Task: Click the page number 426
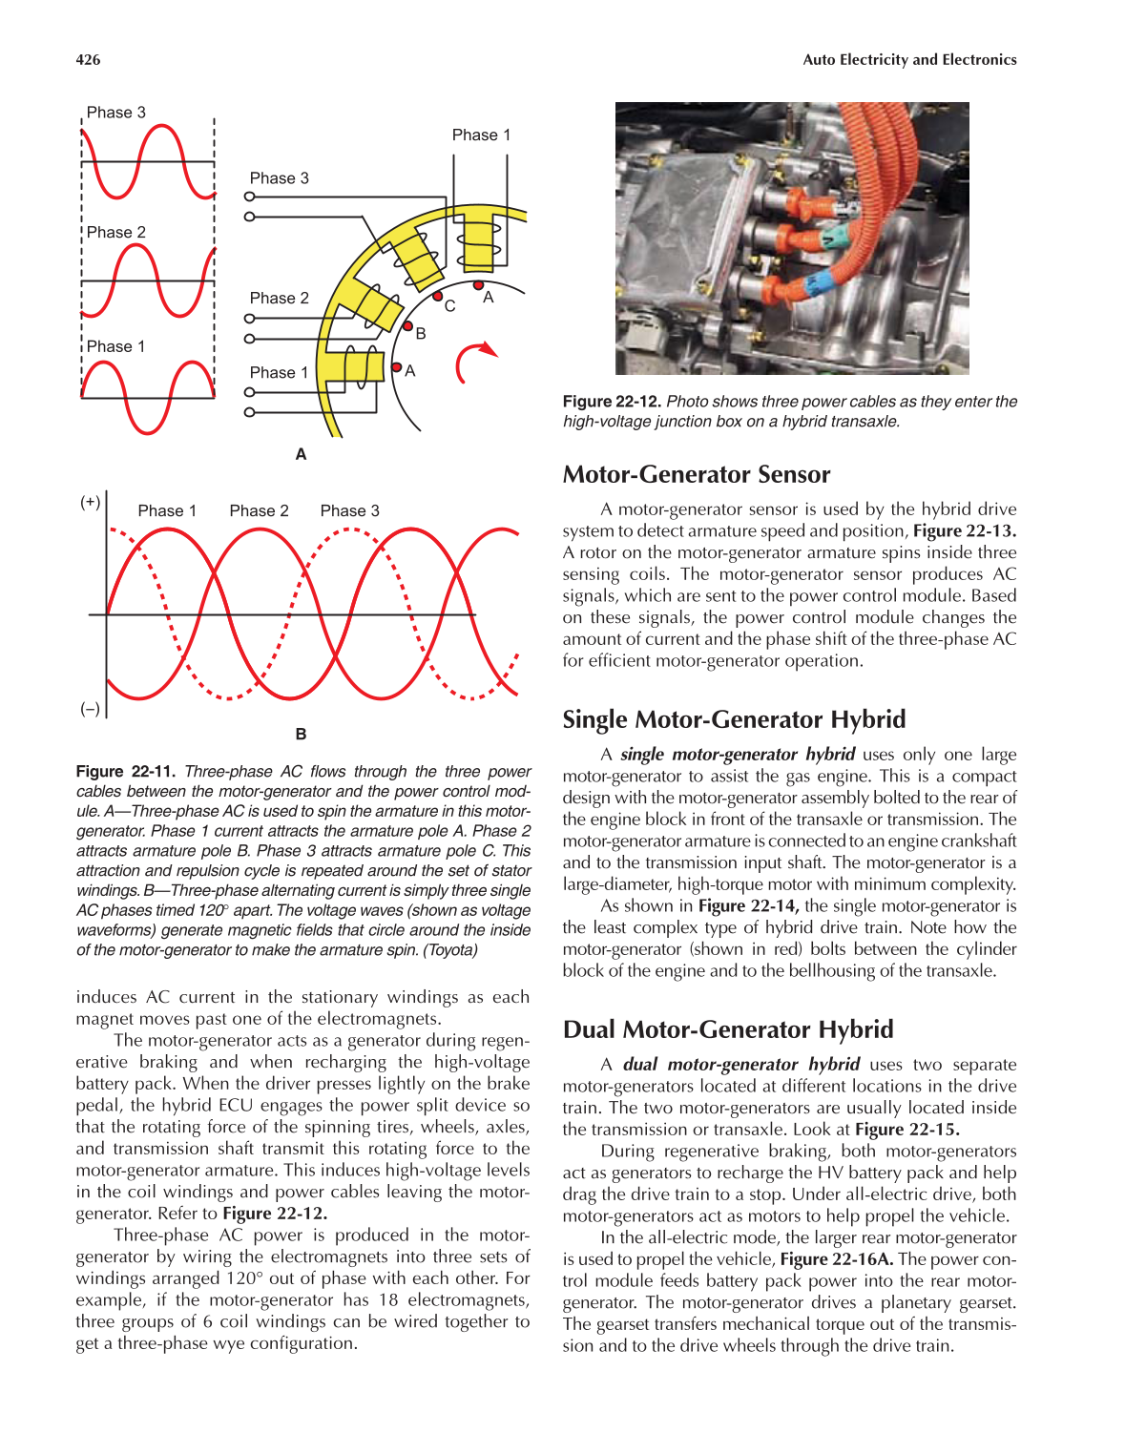pos(88,59)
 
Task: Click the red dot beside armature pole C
pos(437,297)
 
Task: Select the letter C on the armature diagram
pos(450,306)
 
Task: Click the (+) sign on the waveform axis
pos(90,502)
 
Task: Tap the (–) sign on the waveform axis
pos(90,709)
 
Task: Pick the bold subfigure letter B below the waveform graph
pos(301,734)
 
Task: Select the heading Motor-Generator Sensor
pos(696,474)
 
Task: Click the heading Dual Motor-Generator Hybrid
pos(727,1029)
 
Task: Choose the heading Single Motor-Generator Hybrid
pos(734,719)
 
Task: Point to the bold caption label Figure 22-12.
pos(612,402)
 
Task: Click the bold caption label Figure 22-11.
pos(126,771)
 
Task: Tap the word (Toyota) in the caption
pos(450,949)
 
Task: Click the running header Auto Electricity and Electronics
pos(909,59)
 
